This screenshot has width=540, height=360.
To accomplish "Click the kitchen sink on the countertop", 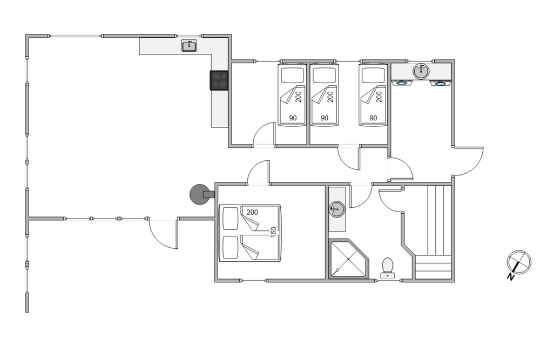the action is tap(189, 46).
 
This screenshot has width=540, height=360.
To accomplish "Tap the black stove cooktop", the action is tap(219, 80).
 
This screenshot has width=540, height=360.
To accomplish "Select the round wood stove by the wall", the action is tap(200, 194).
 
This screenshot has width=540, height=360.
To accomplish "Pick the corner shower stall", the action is tap(348, 259).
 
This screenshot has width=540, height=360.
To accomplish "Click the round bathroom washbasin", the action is tap(337, 209).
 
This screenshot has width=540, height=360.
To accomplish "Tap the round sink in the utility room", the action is tap(421, 71).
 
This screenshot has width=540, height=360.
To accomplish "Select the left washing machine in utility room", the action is tap(402, 83).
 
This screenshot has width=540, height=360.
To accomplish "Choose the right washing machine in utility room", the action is tap(440, 83).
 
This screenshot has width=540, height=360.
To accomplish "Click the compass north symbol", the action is tap(519, 262).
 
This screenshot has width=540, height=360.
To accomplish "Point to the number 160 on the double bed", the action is tap(273, 232).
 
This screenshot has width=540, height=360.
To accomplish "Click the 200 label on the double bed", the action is tap(252, 212).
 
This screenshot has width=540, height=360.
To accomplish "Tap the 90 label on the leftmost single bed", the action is tap(293, 118).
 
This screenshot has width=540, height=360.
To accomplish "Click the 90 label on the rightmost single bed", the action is tap(373, 118).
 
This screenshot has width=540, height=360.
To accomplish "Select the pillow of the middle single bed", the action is tap(325, 75).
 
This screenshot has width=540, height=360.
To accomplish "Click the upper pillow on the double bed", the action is tap(231, 218).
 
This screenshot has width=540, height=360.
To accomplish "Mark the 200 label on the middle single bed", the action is tap(330, 97).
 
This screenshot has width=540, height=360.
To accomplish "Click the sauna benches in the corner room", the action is tap(434, 232).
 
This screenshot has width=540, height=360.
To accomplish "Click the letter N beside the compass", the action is tap(510, 276).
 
